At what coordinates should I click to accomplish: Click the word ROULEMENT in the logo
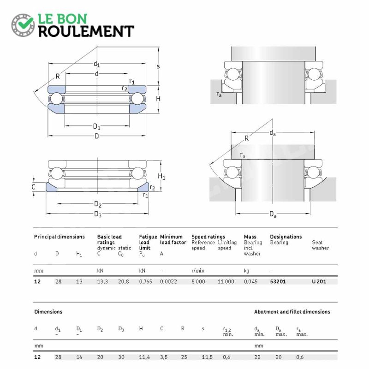(x=86, y=31)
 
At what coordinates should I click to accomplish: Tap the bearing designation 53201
(x=278, y=281)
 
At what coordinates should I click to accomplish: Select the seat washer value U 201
(x=319, y=281)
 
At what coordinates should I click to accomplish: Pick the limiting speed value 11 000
(x=226, y=281)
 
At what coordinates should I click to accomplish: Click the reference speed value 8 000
(x=198, y=281)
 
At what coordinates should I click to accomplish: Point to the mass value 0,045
(x=250, y=281)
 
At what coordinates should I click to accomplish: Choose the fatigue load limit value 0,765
(x=145, y=281)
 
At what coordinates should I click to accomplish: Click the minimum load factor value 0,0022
(x=168, y=281)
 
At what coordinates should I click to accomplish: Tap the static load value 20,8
(x=123, y=281)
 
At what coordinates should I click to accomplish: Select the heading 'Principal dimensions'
(x=60, y=237)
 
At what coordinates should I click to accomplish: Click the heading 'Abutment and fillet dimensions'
(x=292, y=312)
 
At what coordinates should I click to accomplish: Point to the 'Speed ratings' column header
(x=208, y=237)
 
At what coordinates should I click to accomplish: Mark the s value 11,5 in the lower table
(x=207, y=357)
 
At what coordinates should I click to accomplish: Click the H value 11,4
(x=144, y=357)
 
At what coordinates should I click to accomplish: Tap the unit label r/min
(x=198, y=271)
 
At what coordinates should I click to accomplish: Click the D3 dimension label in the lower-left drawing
(x=98, y=214)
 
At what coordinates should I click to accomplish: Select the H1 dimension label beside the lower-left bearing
(x=161, y=176)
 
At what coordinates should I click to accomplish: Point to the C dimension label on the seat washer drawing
(x=33, y=187)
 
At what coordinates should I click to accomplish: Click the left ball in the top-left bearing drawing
(x=56, y=99)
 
